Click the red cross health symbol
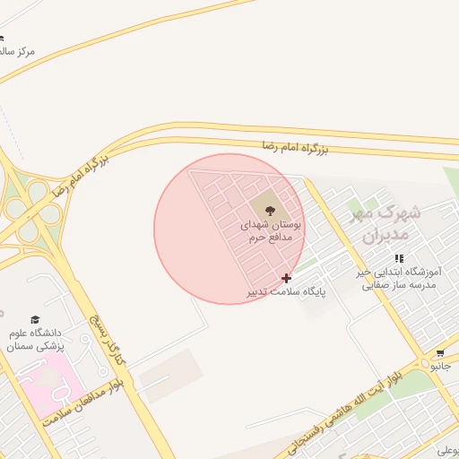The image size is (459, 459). tap(286, 278)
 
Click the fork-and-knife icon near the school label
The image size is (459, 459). tap(399, 258)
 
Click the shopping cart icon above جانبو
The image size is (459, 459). tap(439, 353)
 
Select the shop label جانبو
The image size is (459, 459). tap(440, 367)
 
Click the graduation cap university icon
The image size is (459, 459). tap(35, 319)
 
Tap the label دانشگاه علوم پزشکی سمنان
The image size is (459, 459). tap(37, 339)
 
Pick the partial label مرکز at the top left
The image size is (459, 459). tap(17, 51)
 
